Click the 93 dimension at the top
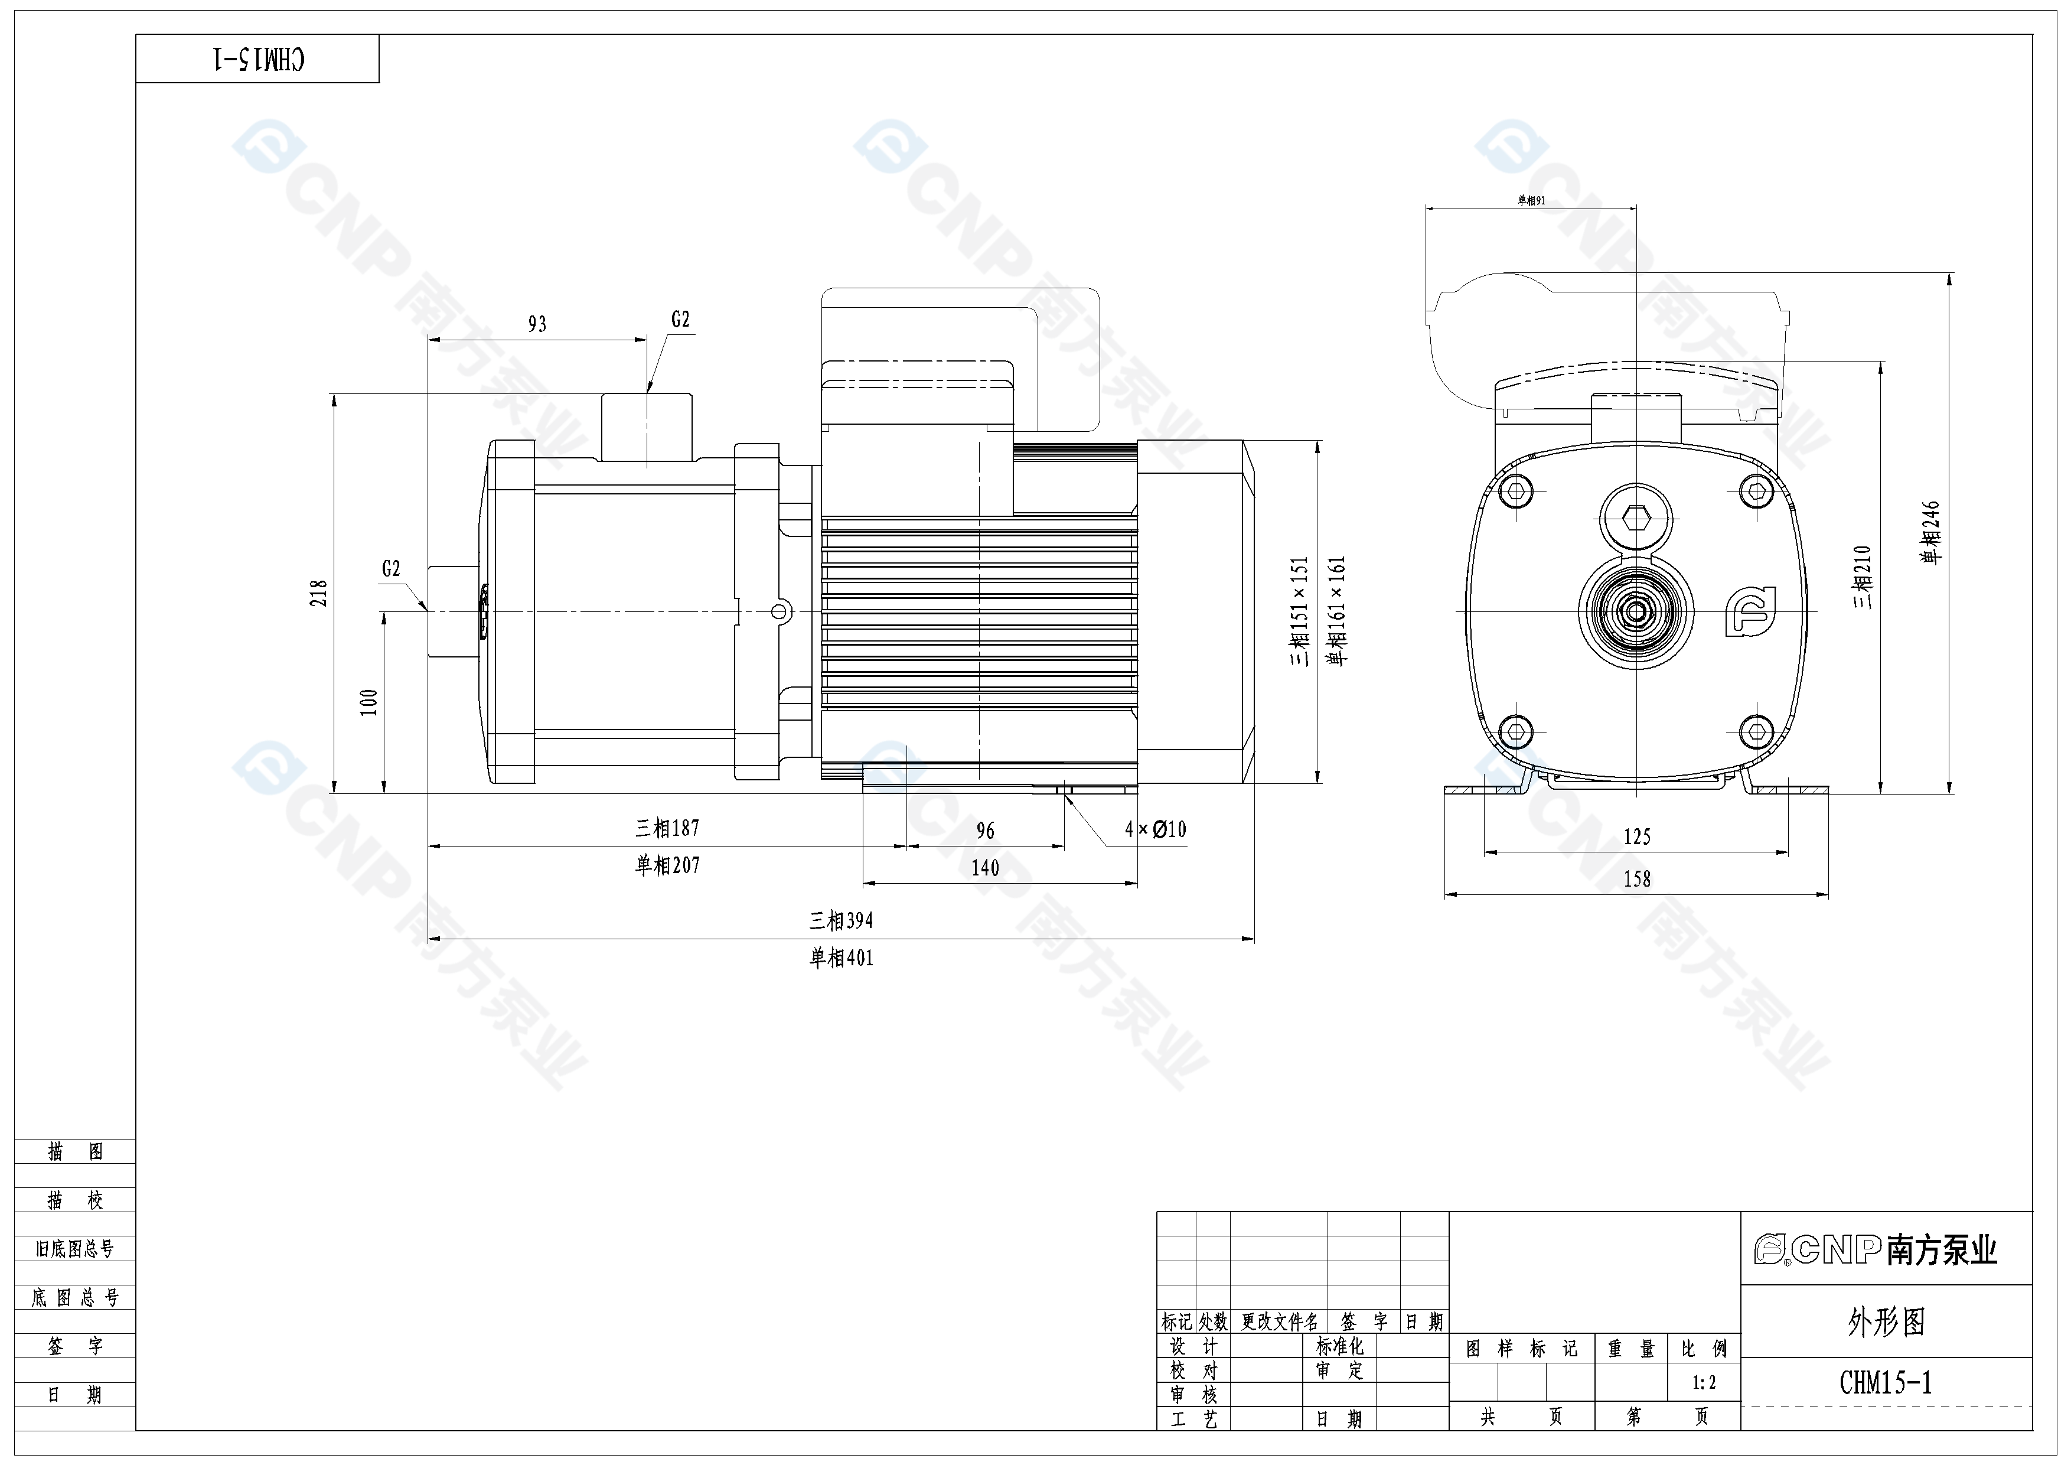point(537,324)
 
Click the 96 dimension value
point(985,831)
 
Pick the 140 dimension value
point(985,868)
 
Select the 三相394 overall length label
point(841,920)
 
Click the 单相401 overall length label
point(841,958)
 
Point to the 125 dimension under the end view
point(1636,837)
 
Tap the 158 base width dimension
point(1636,878)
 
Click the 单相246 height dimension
point(1930,532)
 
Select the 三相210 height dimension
point(1863,577)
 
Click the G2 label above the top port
point(680,320)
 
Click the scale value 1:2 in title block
point(1703,1382)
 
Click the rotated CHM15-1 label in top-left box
point(258,60)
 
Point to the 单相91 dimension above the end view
point(1531,200)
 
